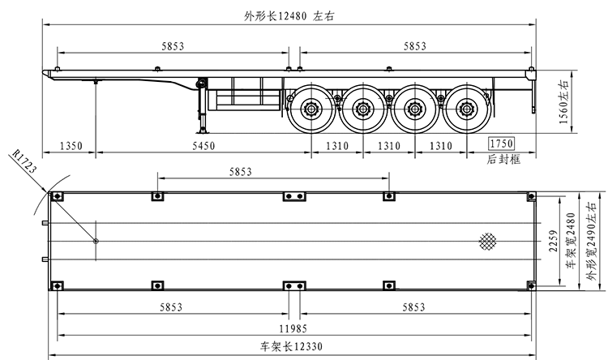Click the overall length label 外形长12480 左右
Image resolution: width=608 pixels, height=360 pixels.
(289, 16)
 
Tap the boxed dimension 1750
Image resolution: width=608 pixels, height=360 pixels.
(501, 144)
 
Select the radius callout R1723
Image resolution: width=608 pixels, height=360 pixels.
(25, 161)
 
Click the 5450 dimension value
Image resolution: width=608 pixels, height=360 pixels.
(203, 146)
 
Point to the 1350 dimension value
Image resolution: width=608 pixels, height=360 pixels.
(71, 146)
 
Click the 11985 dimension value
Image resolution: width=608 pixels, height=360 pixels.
(293, 329)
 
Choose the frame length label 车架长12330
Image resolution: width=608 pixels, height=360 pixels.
(291, 346)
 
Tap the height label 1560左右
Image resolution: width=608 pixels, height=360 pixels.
(563, 101)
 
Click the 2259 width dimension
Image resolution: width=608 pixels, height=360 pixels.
(554, 241)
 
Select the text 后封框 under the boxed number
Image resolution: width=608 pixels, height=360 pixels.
(503, 159)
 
